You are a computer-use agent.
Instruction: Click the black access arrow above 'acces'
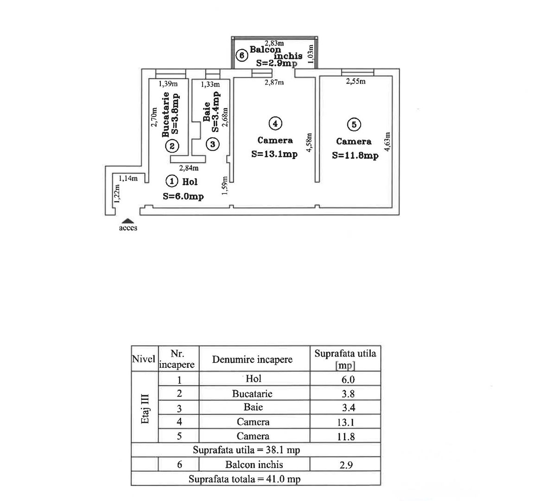click(128, 221)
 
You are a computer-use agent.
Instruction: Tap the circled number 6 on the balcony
click(242, 55)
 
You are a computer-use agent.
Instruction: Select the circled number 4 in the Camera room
click(275, 123)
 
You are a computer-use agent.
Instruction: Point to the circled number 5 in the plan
click(354, 124)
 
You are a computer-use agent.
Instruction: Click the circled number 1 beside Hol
click(172, 181)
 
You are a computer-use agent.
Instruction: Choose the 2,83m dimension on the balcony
click(274, 43)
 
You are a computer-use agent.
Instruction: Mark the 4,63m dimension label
click(387, 141)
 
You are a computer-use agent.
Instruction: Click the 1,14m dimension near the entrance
click(128, 178)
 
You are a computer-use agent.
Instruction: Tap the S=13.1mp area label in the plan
click(274, 154)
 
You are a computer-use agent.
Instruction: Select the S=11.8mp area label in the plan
click(355, 156)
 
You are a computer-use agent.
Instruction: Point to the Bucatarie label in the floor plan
click(166, 115)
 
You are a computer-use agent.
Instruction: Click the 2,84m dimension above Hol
click(189, 168)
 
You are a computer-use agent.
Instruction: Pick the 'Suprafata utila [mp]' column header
click(345, 359)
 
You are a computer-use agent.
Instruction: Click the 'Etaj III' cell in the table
click(145, 409)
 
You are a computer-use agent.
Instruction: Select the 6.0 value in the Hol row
click(348, 379)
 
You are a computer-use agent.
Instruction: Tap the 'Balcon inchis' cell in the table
click(254, 464)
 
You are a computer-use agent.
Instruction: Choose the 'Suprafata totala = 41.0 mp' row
click(245, 479)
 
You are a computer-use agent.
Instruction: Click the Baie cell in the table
click(254, 407)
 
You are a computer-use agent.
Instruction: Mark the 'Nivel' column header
click(144, 359)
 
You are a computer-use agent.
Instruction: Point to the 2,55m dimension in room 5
click(356, 81)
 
